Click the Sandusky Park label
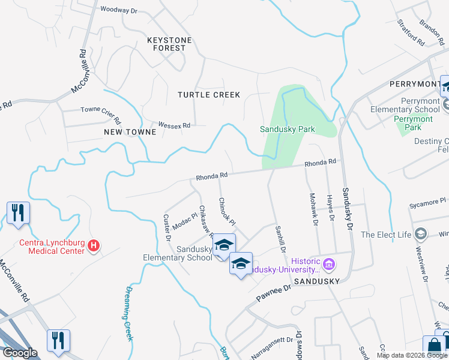287,129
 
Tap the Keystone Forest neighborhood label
169,44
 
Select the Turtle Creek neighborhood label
208,95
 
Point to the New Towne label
125,131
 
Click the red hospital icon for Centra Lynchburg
93,245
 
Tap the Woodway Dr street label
119,10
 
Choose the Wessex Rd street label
174,125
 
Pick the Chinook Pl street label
226,211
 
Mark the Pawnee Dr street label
274,291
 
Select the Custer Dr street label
167,227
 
